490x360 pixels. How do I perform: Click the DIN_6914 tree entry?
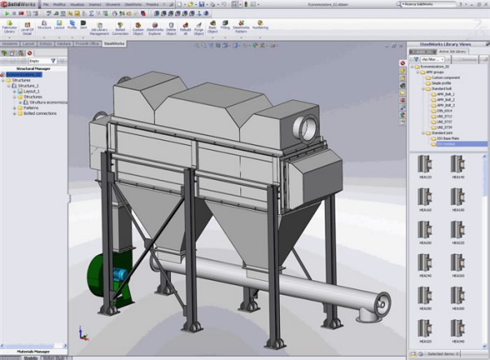(x=446, y=111)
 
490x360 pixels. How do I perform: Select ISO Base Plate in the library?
(x=448, y=138)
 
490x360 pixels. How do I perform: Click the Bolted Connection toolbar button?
(x=119, y=30)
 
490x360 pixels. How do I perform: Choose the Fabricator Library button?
(x=10, y=30)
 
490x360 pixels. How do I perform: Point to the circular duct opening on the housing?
(x=306, y=126)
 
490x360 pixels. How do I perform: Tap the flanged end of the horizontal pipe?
(x=376, y=306)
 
